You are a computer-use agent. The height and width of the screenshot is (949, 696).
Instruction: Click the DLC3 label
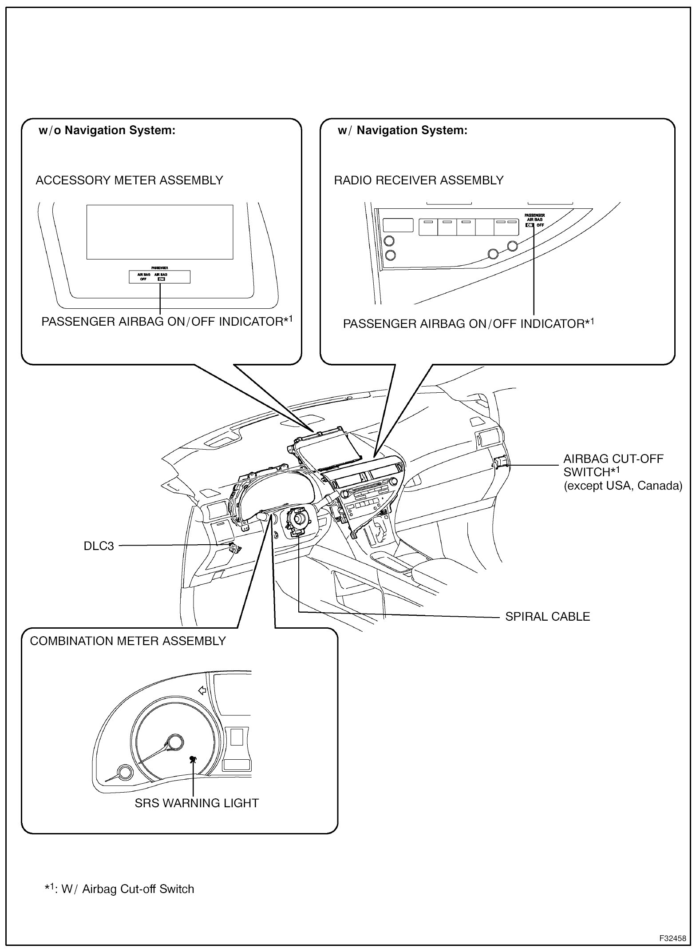tap(99, 546)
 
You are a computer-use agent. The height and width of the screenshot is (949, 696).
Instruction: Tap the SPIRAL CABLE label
tap(547, 617)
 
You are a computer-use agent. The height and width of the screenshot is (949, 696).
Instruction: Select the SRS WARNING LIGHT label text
tap(197, 803)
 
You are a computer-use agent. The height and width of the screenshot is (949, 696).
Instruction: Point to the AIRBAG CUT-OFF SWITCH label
tap(613, 465)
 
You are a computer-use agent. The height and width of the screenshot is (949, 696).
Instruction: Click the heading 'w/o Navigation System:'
tap(107, 131)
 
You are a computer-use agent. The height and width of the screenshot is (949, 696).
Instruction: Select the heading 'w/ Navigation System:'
tap(402, 131)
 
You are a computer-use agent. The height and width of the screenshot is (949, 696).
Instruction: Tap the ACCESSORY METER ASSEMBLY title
tap(129, 180)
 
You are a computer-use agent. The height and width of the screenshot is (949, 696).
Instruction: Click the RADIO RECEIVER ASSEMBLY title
tap(419, 180)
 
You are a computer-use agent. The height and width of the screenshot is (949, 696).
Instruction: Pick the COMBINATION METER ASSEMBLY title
tap(128, 641)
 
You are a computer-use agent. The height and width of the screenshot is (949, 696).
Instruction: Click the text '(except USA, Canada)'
tap(623, 486)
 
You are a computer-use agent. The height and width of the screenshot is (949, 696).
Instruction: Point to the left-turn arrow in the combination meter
tap(202, 690)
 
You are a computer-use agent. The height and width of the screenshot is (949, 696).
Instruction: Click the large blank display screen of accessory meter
tap(160, 232)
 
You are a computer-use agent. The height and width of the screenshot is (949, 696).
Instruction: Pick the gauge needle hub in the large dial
tap(175, 742)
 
